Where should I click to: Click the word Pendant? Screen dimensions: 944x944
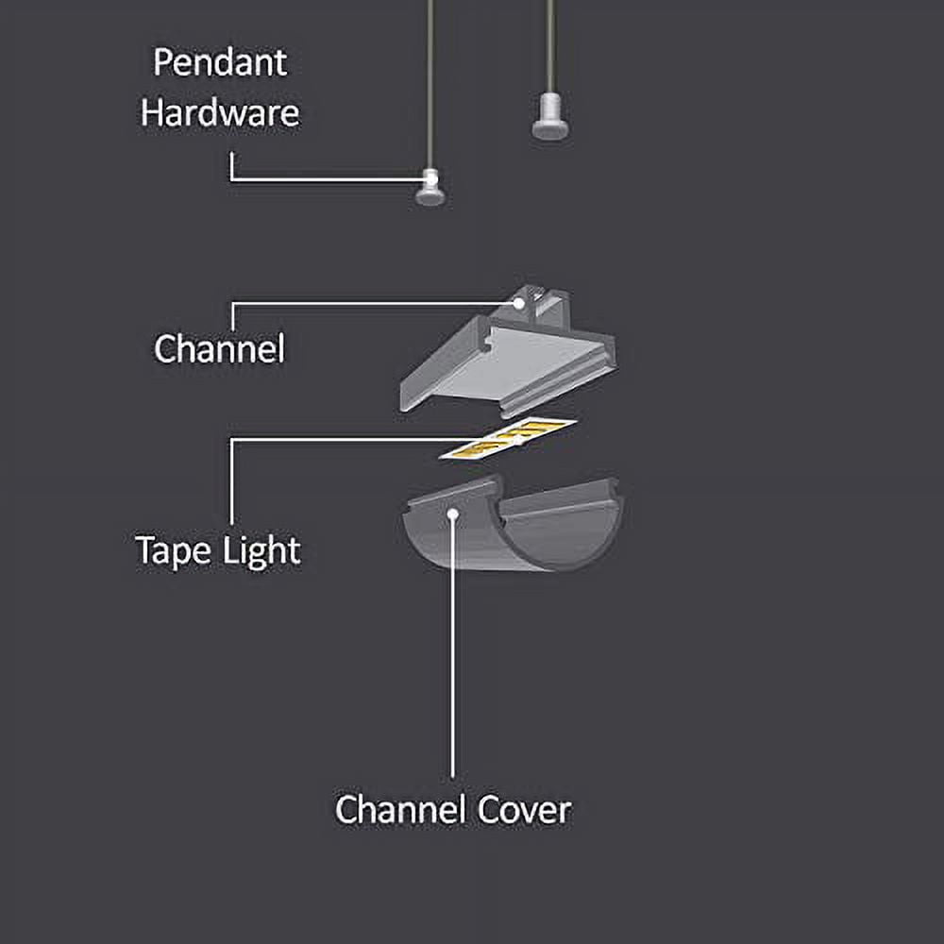pos(220,63)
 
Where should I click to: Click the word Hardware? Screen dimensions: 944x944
pos(220,113)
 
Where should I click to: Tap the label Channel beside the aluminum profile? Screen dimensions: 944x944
pos(219,349)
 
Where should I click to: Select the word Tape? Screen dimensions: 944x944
pos(172,549)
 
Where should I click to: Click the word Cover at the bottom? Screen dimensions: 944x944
pos(524,810)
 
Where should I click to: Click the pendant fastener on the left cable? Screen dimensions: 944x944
pos(430,189)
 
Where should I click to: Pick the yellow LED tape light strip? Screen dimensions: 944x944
pos(510,439)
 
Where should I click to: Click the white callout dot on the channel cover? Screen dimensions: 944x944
pos(453,514)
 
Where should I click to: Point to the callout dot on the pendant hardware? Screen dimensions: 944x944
pos(430,177)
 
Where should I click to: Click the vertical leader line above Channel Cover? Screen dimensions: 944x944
pos(453,661)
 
